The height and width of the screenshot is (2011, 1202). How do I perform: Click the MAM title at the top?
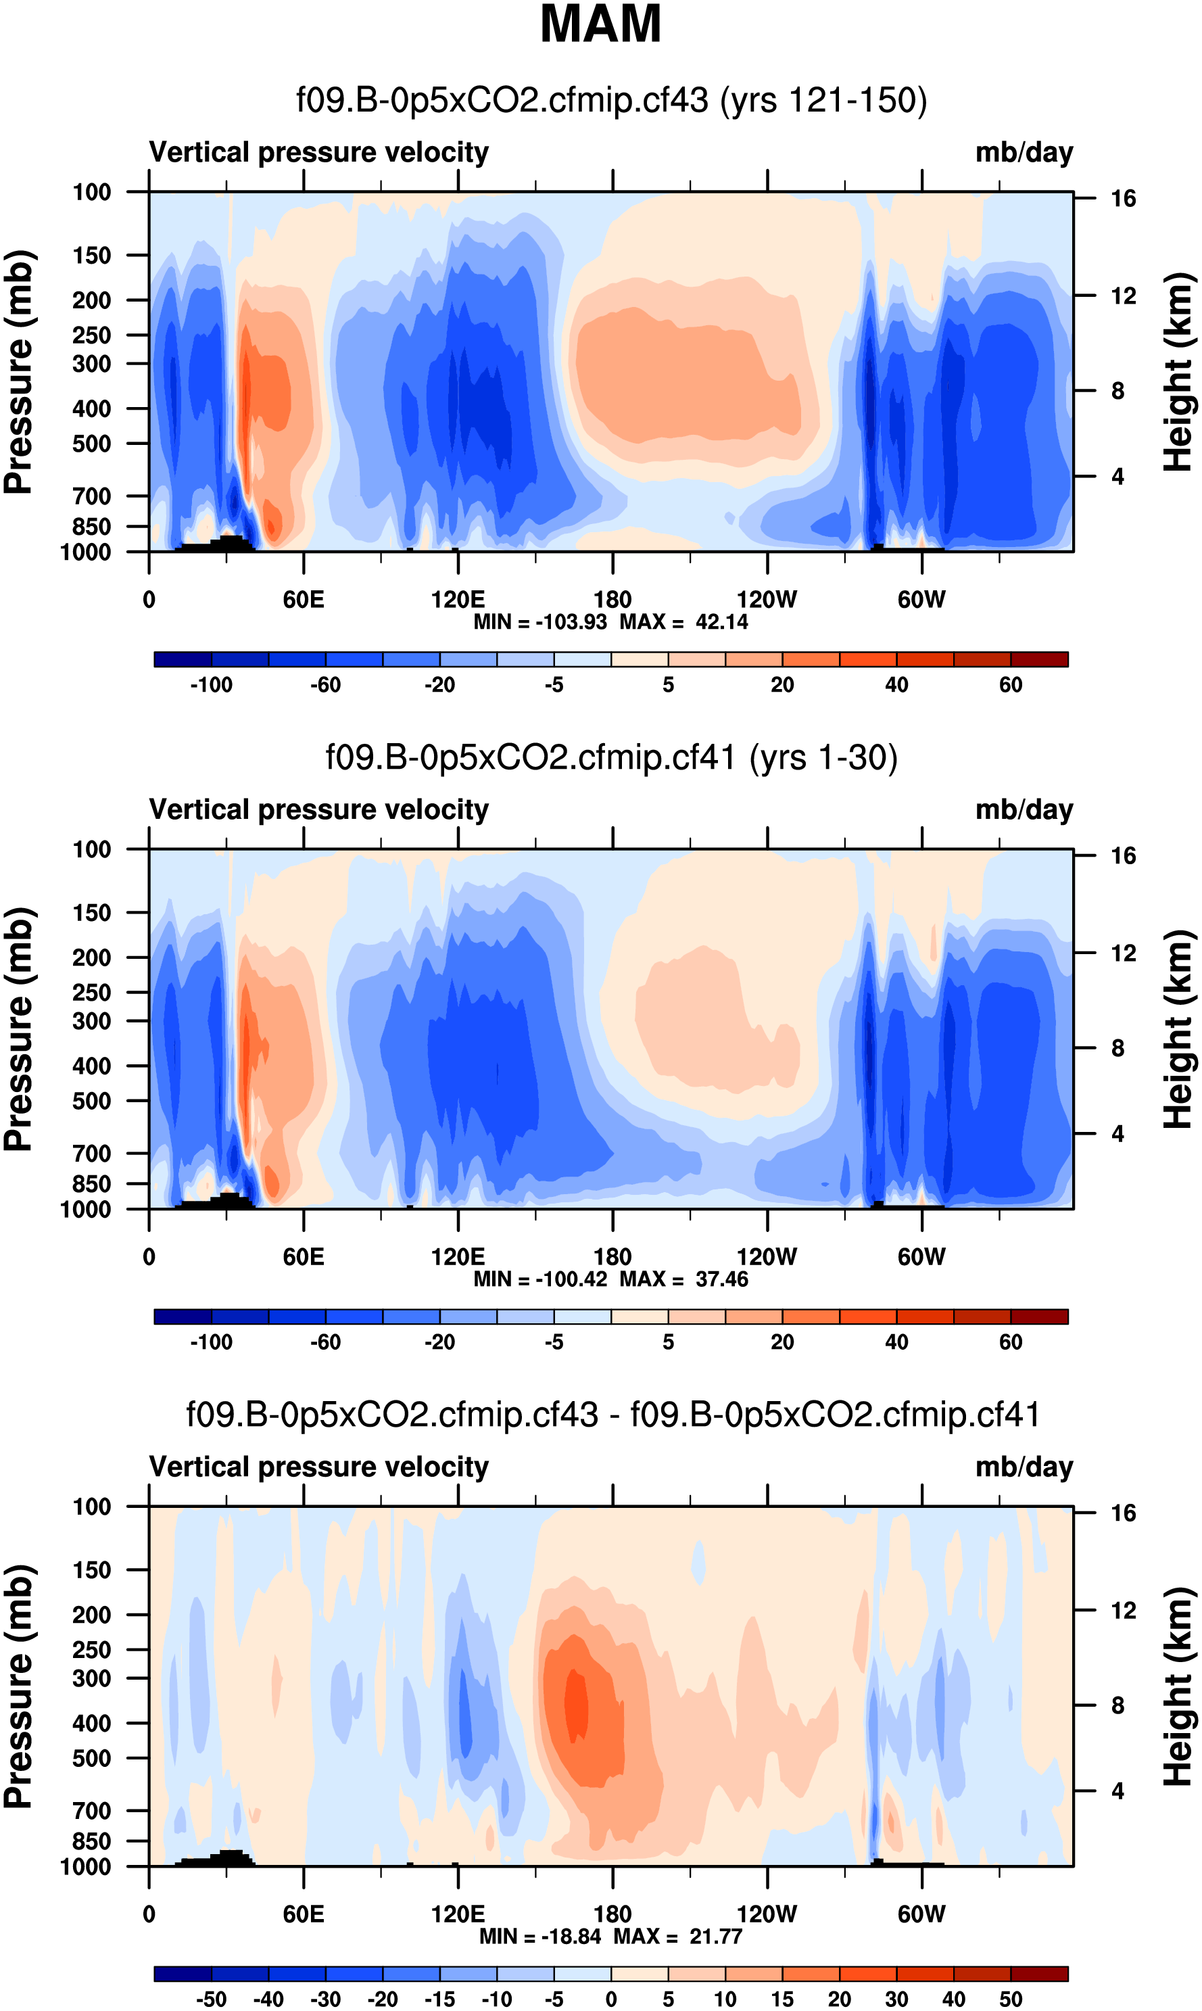tap(600, 24)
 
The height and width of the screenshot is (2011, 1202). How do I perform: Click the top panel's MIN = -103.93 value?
tap(540, 622)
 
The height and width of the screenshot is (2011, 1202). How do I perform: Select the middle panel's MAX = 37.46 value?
tap(683, 1279)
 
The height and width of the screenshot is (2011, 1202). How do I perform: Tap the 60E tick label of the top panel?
tap(303, 600)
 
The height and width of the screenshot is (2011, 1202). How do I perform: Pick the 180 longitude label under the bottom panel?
tap(612, 1914)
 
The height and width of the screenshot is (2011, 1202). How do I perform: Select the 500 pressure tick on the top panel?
tap(91, 444)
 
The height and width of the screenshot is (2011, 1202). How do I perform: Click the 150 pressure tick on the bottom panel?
tap(91, 1570)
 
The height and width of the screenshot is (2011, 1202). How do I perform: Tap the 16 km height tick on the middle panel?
tap(1123, 856)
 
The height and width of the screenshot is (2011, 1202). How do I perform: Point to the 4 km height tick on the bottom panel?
tap(1117, 1791)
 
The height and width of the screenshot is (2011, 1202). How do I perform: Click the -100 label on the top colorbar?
tap(212, 685)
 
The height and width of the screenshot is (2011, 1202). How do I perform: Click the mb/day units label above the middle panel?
tap(1024, 810)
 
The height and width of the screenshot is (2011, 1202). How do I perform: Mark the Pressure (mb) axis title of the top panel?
tap(18, 372)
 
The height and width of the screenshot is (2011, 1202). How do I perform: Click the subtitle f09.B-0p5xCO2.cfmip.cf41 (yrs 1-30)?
tap(612, 758)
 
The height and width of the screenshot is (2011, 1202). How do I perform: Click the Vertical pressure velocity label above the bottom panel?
tap(318, 1467)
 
